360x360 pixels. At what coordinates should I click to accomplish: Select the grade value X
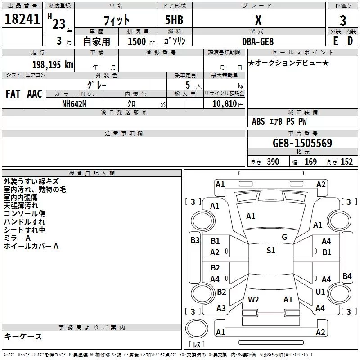258,20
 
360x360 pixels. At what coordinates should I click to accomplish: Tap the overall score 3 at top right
343,20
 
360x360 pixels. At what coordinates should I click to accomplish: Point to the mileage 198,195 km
53,65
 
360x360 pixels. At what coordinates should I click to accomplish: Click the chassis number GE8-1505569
302,143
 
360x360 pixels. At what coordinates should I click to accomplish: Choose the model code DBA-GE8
257,41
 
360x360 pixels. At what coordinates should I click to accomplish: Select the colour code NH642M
75,103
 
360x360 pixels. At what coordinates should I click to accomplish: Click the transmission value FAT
13,94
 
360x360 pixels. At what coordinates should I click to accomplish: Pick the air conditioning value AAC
35,94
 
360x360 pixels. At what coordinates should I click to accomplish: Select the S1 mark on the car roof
271,251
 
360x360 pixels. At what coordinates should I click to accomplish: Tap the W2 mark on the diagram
253,299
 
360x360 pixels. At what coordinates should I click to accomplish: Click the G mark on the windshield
284,237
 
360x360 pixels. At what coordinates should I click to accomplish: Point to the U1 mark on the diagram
320,292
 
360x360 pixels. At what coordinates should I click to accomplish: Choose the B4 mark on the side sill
347,276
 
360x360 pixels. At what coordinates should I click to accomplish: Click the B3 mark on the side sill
195,240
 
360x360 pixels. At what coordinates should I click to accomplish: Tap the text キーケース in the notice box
23,336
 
